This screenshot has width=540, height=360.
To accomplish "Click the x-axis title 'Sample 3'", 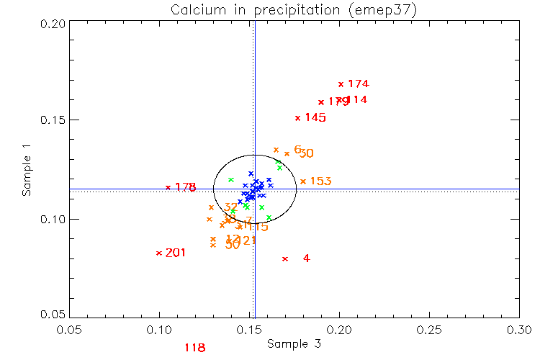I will (x=294, y=344).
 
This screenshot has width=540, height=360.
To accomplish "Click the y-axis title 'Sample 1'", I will (x=27, y=170).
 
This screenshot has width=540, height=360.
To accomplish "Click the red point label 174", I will (x=358, y=84).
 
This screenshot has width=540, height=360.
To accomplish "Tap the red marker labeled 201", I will (x=159, y=253).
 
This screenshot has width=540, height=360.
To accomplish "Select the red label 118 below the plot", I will (x=195, y=348).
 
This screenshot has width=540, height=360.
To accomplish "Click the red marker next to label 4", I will (x=285, y=258).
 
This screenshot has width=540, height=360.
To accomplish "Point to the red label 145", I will (x=315, y=117).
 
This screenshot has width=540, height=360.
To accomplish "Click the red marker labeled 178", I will (x=168, y=187).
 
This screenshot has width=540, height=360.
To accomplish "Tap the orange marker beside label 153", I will (x=303, y=181).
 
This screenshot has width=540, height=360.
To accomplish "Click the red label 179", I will (x=338, y=102).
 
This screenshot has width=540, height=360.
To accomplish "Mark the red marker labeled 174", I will (x=341, y=84).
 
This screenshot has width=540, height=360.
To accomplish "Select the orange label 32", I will (x=231, y=207).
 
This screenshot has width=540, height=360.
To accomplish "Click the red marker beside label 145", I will (x=298, y=118).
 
